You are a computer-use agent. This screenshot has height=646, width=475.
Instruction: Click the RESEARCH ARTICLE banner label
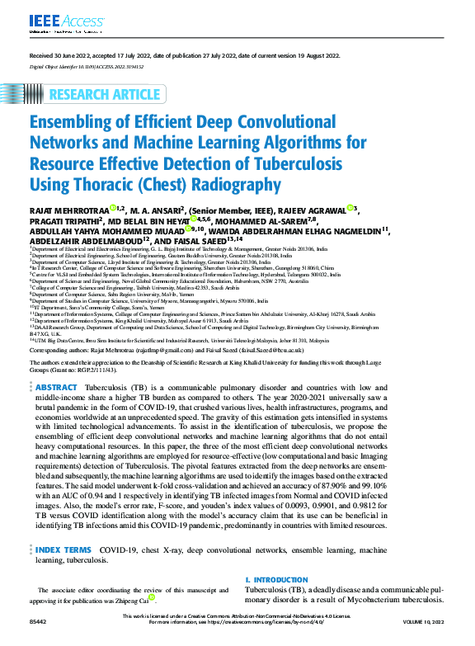point(106,92)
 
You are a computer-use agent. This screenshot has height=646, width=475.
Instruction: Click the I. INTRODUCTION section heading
point(282,580)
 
